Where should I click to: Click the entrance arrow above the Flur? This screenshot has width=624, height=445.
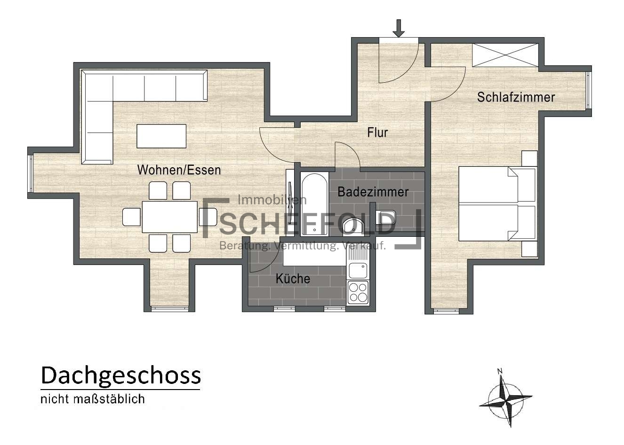399,28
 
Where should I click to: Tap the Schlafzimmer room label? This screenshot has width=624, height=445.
516,97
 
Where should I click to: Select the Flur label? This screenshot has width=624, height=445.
377,133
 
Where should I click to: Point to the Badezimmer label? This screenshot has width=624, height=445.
373,192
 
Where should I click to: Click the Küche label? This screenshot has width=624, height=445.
293,278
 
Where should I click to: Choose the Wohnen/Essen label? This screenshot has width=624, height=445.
179,170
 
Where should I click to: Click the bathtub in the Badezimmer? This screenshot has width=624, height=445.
314,204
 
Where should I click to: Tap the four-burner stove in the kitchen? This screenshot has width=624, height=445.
358,292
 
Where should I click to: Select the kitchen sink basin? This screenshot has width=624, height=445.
358,271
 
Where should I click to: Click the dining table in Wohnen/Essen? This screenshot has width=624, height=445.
170,217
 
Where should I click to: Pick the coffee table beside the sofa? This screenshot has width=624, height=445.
161,136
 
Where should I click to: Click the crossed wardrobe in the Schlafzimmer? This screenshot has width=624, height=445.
505,55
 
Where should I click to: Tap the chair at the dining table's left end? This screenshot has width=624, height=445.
131,217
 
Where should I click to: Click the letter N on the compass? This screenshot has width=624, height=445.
500,371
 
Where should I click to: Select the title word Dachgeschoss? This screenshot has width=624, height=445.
120,376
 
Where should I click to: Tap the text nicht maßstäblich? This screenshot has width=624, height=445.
93,399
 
